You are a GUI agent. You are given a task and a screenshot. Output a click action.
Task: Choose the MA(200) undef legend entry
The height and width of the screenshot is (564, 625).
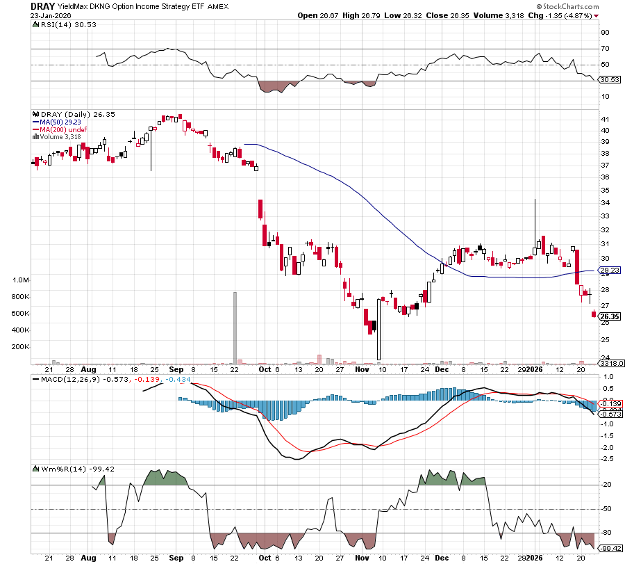click(66, 129)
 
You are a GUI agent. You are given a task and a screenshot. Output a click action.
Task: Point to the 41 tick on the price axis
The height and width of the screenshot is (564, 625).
click(606, 119)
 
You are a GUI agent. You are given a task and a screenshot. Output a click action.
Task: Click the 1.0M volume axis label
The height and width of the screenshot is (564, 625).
click(21, 280)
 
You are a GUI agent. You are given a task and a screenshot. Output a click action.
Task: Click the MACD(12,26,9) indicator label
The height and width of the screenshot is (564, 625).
click(65, 379)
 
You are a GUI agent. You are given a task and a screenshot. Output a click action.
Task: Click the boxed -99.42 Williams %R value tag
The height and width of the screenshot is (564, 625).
click(610, 547)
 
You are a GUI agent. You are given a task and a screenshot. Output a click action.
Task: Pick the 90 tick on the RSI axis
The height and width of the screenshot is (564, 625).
click(606, 32)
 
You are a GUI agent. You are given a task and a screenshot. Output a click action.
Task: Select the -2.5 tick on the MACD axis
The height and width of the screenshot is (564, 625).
click(606, 459)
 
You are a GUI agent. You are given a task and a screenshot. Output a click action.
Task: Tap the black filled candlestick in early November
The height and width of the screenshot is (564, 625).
click(374, 325)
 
